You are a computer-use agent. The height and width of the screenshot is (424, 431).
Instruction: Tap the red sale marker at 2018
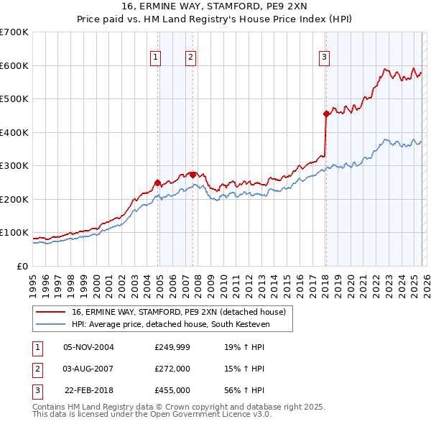click(326, 114)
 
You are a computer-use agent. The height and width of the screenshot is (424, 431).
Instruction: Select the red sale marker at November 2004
click(157, 183)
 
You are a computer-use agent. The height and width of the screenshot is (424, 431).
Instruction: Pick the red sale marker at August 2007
click(193, 175)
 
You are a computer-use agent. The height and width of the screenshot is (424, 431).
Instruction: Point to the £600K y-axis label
click(14, 65)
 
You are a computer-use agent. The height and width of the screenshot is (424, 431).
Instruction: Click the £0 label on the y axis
click(23, 266)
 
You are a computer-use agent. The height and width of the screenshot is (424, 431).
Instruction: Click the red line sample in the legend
click(52, 312)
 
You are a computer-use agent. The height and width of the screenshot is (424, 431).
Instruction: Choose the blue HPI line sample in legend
click(52, 324)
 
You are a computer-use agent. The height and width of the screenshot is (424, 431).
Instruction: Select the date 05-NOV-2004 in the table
click(88, 347)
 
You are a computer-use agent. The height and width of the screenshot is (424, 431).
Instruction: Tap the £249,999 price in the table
click(172, 347)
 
